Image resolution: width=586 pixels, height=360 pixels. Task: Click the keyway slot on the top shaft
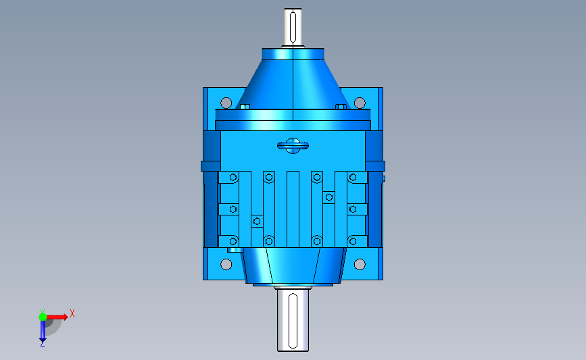(293, 27)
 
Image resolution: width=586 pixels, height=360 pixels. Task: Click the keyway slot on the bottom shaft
(293, 321)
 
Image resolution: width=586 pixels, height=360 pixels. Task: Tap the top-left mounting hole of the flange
(226, 103)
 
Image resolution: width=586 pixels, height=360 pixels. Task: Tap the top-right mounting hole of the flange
(360, 103)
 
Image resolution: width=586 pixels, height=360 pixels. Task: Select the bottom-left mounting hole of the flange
(226, 264)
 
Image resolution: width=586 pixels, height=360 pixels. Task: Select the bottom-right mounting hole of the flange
(360, 264)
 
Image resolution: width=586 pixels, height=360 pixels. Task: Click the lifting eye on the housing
(293, 146)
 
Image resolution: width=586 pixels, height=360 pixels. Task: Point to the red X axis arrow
(56, 317)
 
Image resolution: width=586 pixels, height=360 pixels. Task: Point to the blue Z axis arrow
(43, 331)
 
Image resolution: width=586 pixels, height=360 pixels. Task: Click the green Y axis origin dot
(43, 317)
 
